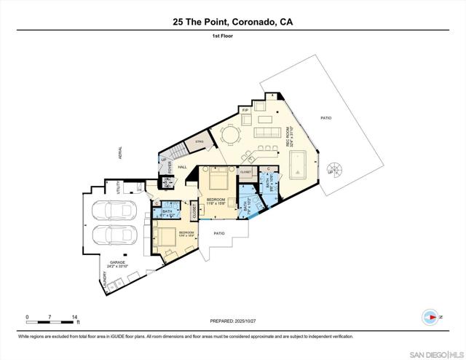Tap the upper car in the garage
[116, 211]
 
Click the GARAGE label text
[118, 262]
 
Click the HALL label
[183, 167]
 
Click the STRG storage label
[197, 142]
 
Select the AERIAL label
[122, 152]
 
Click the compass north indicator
[430, 317]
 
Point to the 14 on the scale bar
[75, 317]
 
